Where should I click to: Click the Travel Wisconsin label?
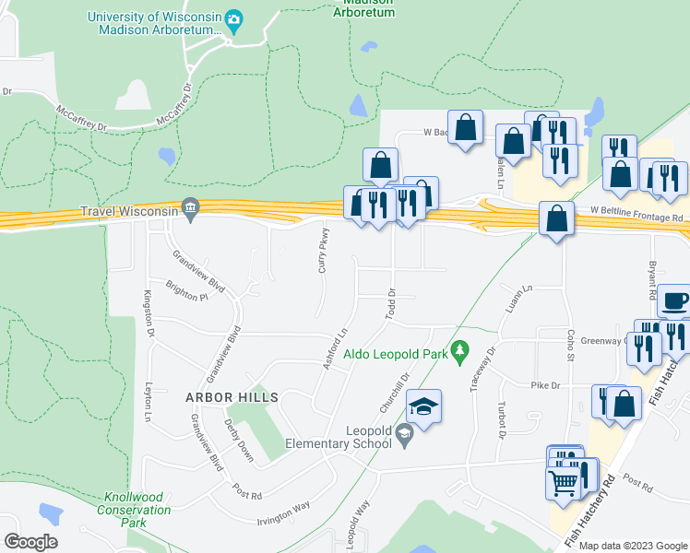pos(129,211)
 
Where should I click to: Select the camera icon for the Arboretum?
pos(233,19)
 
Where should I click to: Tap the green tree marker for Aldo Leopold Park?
pos(464,350)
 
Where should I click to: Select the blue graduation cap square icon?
pos(423,407)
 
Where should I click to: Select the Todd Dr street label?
pos(391,303)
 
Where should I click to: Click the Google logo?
pos(31,541)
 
